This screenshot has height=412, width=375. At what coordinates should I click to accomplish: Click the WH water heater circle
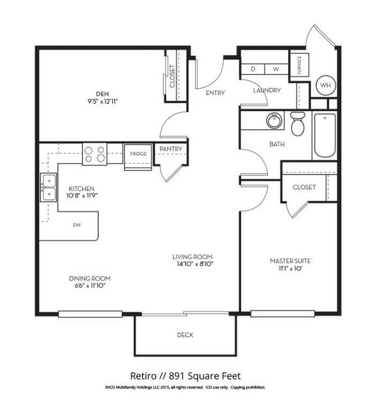click(325, 85)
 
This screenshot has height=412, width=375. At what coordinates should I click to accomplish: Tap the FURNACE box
click(299, 65)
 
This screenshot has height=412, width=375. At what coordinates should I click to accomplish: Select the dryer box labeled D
click(253, 69)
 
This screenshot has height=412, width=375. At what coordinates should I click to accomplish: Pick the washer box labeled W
click(276, 69)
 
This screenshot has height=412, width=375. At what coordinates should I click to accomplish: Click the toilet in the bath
click(298, 124)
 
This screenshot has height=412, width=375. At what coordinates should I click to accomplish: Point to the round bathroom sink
click(274, 121)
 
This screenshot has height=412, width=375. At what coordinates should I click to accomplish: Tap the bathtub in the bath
click(325, 135)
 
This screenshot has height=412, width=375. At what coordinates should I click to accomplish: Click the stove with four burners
click(95, 154)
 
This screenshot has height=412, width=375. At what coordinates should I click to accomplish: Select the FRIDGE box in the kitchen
click(138, 157)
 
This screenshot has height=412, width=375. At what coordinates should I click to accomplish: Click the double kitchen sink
click(48, 187)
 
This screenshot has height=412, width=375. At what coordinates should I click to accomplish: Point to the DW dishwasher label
click(77, 225)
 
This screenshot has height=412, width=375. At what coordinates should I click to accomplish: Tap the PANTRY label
click(171, 149)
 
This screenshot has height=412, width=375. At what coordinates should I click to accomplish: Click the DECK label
click(185, 335)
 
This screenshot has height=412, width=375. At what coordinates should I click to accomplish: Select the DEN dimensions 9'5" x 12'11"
click(103, 101)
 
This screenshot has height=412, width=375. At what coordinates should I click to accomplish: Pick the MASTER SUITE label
click(290, 261)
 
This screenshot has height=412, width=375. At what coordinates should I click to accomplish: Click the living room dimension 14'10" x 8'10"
click(195, 264)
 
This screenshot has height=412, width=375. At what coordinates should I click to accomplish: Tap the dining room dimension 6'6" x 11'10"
click(90, 285)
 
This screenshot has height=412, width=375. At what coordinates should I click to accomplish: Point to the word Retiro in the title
click(143, 376)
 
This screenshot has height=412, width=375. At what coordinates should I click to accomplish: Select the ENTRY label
click(215, 93)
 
